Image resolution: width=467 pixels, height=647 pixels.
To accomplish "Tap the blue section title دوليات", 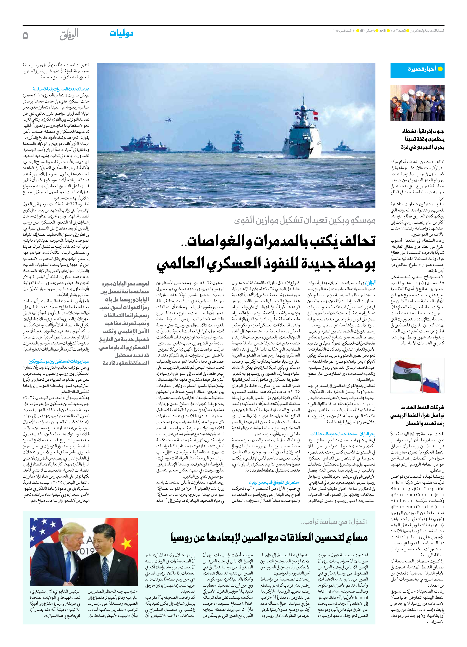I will point(121,34).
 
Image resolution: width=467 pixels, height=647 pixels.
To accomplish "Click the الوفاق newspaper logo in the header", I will point(69,35).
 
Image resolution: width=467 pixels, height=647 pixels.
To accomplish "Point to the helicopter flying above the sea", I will point(168,120).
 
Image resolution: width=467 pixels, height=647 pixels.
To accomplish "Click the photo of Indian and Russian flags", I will point(417,376).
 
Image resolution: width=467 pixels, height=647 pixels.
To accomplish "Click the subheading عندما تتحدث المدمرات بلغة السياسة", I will point(61,89).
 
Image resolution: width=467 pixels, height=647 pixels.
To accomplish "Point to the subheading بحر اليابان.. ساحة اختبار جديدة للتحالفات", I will point(343,434).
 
